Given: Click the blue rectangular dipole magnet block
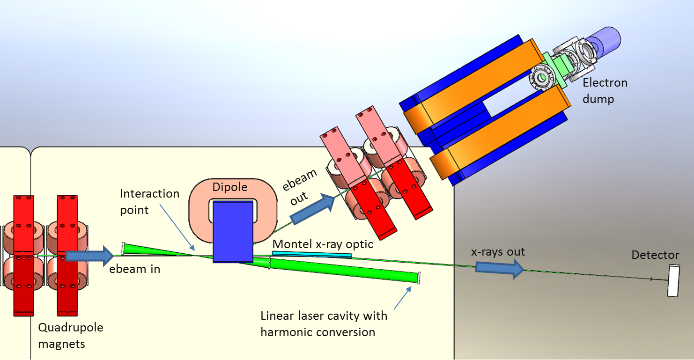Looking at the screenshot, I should point(233,232).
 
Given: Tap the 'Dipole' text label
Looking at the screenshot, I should point(229,187).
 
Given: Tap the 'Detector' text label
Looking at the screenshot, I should point(655,255).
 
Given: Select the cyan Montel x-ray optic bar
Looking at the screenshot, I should point(312,255).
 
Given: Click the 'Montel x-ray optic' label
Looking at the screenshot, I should point(323,244).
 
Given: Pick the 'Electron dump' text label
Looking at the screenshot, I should point(605,91).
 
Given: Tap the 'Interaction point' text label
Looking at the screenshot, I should point(149,202).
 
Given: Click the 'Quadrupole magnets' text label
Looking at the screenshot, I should point(70,336).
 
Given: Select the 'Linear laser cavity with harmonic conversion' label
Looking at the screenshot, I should point(324,324).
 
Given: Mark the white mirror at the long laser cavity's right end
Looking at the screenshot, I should point(419,278).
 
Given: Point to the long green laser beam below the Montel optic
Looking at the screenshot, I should point(342,269).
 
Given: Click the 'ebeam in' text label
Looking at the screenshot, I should point(134,269).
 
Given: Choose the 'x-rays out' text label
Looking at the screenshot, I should point(498,252).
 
